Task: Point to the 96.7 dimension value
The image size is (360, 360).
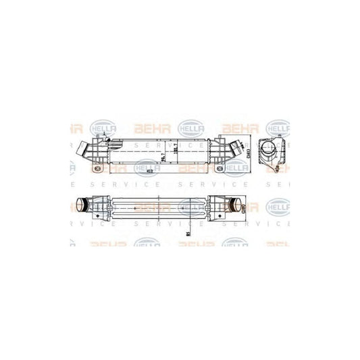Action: click(x=163, y=157)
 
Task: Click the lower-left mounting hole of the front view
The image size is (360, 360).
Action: click(x=97, y=167)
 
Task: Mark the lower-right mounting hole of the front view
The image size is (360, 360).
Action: click(x=219, y=167)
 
